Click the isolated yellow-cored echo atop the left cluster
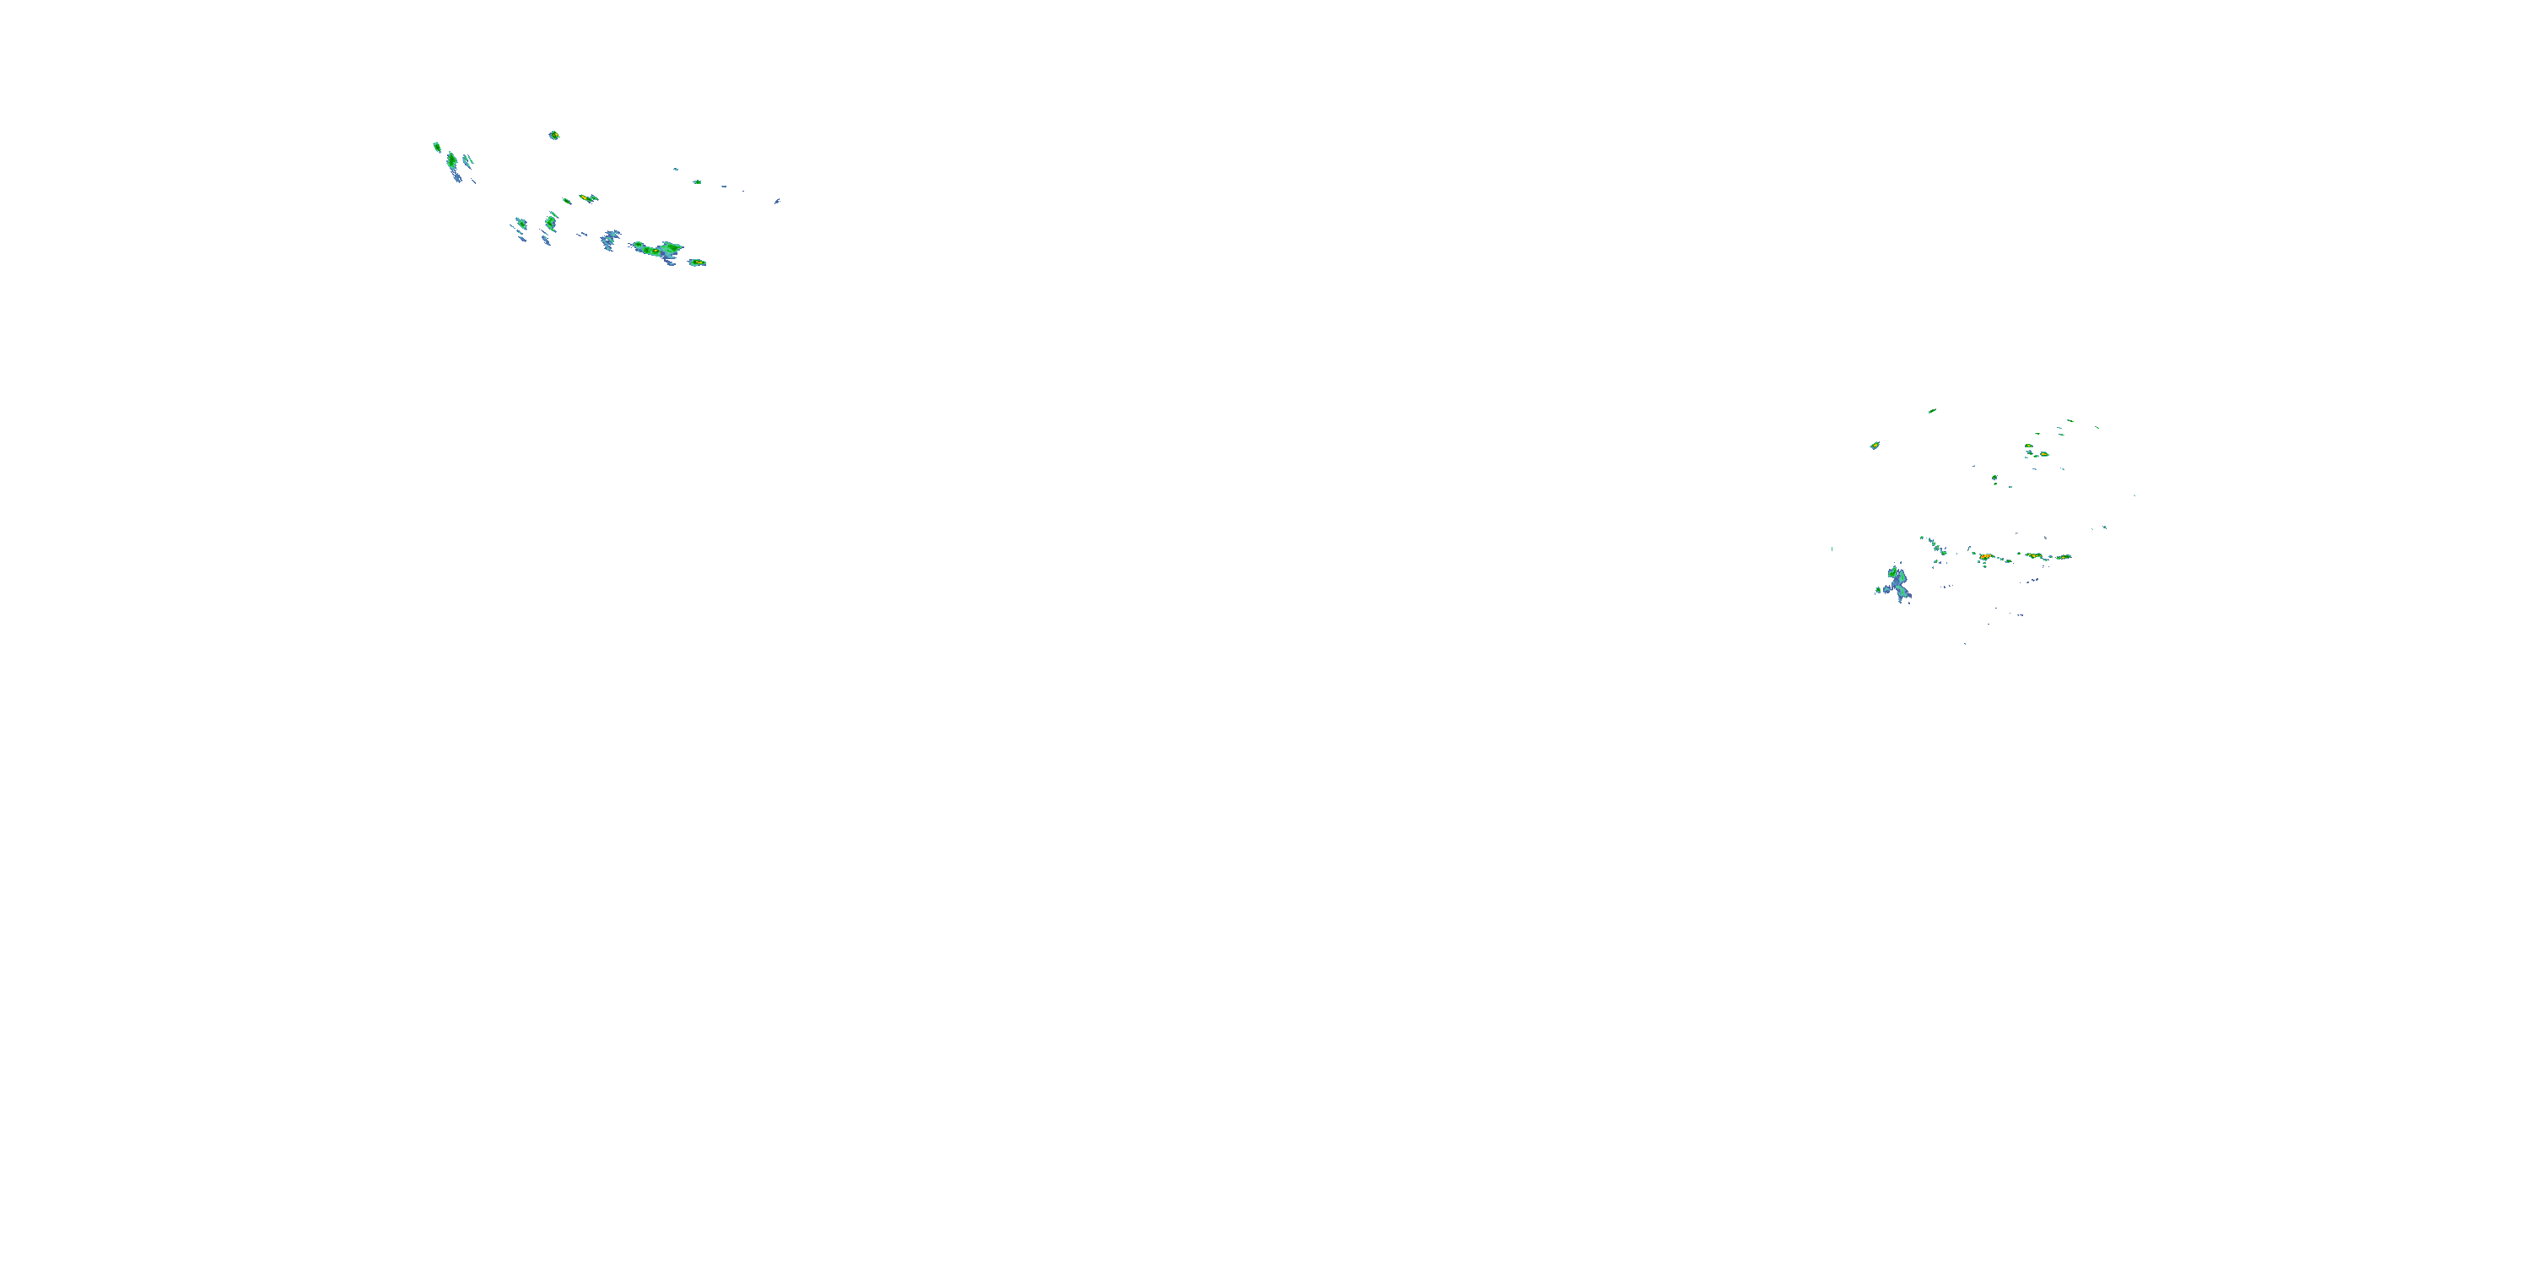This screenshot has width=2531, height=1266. click(554, 135)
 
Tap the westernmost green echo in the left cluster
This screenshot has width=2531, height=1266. click(436, 147)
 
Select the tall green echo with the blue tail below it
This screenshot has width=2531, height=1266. click(452, 160)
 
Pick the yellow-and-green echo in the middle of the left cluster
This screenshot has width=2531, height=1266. click(587, 197)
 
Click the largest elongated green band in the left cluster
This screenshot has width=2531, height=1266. click(656, 250)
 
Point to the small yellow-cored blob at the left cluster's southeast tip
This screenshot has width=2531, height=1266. click(697, 262)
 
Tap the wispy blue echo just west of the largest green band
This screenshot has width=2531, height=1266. click(610, 239)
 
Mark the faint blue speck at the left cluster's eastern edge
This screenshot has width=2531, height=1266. click(777, 201)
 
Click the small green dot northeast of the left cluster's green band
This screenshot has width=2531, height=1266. click(698, 181)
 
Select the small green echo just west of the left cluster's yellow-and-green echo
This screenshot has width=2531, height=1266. click(567, 202)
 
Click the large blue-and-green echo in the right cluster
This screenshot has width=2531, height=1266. click(1898, 581)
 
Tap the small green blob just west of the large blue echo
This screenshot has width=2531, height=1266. click(1878, 590)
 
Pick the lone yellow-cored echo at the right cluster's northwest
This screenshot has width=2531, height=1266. click(1875, 446)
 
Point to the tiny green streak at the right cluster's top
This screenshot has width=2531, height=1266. click(1932, 411)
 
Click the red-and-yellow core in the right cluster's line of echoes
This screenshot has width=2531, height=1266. click(1986, 557)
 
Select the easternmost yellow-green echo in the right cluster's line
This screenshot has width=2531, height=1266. click(2062, 556)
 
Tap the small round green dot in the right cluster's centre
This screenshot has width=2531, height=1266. click(1994, 478)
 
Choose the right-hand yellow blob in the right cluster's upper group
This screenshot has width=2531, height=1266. click(2043, 454)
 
